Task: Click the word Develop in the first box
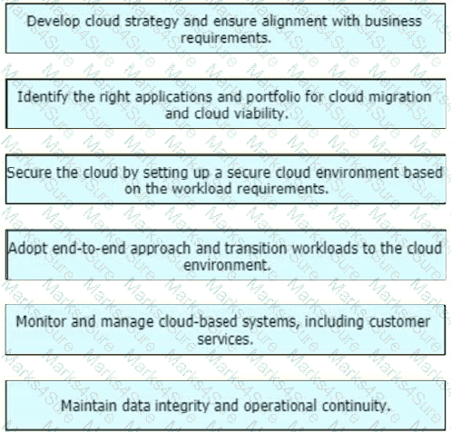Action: tap(54, 22)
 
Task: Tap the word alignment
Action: tap(294, 22)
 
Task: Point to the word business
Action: tap(393, 22)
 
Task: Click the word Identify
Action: tap(43, 98)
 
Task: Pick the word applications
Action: tap(173, 98)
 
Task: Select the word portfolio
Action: tap(273, 98)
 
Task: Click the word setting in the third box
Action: tap(162, 173)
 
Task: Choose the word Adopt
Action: tap(28, 249)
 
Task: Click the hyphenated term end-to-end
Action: tap(89, 249)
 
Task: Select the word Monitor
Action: tap(41, 321)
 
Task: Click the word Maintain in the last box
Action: tap(89, 406)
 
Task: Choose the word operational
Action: tap(280, 407)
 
